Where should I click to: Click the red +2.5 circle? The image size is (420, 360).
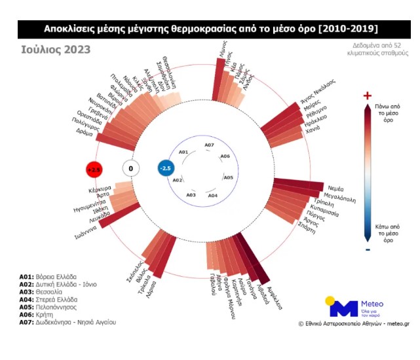click(95, 169)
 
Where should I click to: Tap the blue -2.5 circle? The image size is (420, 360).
click(166, 168)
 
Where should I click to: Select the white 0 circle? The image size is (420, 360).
click(130, 169)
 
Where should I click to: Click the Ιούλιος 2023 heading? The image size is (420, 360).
click(55, 49)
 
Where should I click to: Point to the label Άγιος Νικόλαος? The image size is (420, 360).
click(311, 94)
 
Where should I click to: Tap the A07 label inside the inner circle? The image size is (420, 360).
click(209, 145)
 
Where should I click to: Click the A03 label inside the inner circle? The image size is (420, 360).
click(191, 195)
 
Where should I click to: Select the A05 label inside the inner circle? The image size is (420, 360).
click(228, 177)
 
